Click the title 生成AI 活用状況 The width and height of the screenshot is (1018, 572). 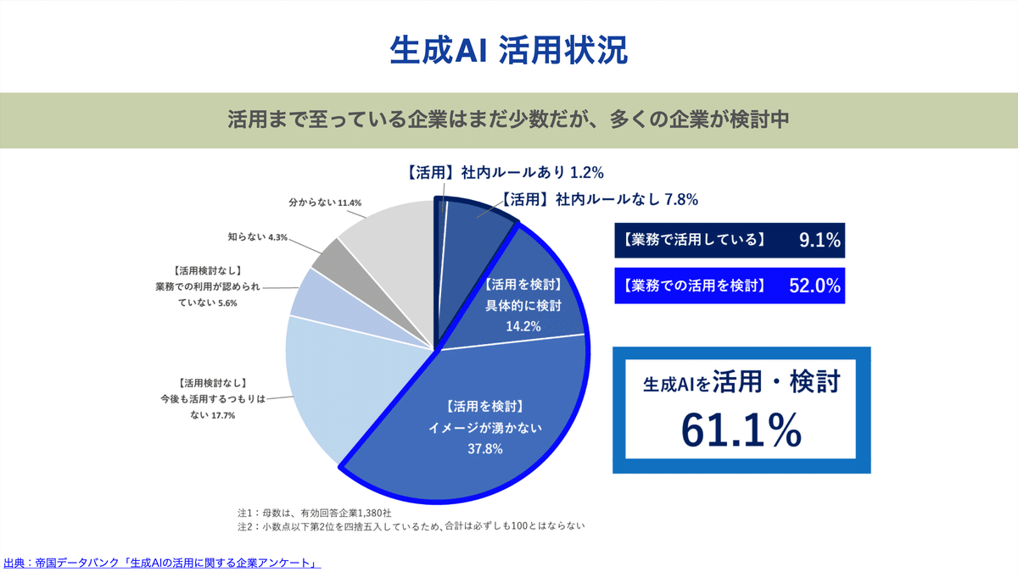pyautogui.click(x=508, y=50)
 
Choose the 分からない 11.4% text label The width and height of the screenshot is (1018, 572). pyautogui.click(x=326, y=203)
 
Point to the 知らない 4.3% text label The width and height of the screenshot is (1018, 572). pyautogui.click(x=258, y=237)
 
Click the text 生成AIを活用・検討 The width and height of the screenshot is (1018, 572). pyautogui.click(x=741, y=383)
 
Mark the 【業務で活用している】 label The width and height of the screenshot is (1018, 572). pyautogui.click(x=694, y=241)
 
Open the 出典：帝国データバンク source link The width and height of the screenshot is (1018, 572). pyautogui.click(x=161, y=562)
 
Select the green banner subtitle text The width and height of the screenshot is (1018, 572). pyautogui.click(x=508, y=119)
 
